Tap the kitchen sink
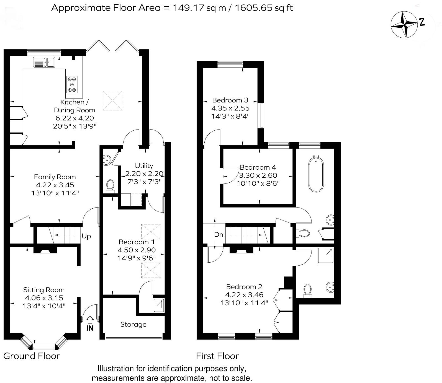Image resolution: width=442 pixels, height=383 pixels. coord(45,62)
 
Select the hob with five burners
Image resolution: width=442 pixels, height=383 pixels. coord(72,84)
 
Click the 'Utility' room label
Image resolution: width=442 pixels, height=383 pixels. coord(144,166)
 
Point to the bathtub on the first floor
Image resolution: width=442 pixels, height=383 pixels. coord(316,174)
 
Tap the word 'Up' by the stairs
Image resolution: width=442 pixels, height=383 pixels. coord(86,236)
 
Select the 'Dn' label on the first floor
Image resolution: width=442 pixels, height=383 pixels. coord(219,235)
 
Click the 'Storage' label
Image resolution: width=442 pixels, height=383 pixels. coord(133,325)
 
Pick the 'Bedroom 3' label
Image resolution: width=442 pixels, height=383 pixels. coord(230,100)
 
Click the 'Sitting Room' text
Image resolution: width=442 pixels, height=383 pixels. coord(44,290)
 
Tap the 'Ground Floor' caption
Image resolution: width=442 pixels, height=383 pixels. coord(32,356)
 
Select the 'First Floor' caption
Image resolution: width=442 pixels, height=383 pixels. coord(217,356)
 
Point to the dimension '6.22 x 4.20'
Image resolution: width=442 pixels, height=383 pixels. coord(75,118)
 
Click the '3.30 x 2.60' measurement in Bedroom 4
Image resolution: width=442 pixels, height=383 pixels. coord(258,175)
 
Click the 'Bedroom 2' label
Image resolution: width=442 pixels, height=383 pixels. coord(244,287)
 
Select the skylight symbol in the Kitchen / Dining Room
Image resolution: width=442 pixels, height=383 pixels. coord(112,101)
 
